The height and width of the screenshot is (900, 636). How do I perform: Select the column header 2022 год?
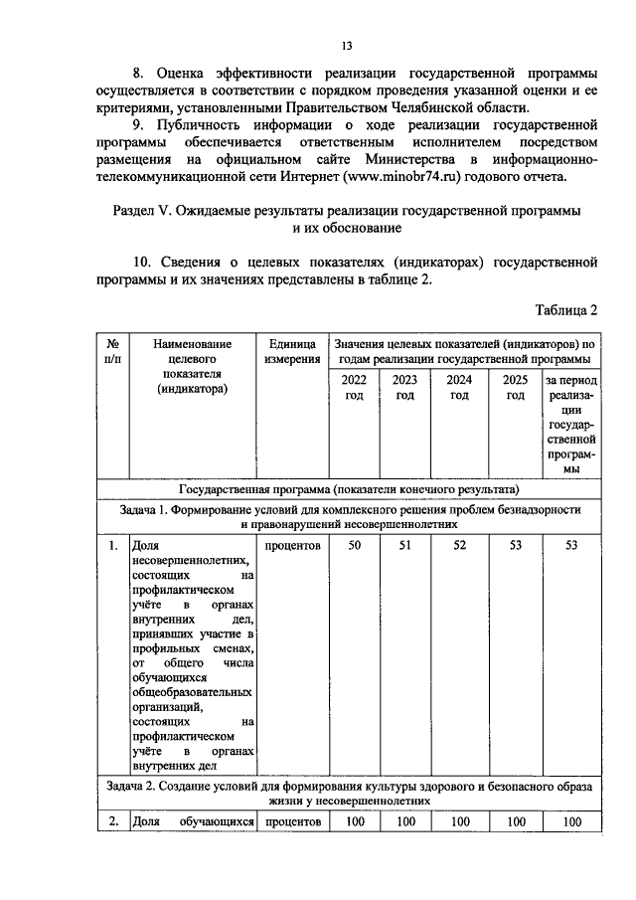point(353,388)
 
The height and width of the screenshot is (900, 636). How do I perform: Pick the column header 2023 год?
point(404,388)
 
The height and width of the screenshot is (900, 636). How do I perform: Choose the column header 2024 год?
point(459,388)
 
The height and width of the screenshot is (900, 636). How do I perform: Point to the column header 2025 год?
point(514,388)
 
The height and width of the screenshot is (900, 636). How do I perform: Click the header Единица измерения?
point(292,350)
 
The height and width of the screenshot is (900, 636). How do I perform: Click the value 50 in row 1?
point(353,545)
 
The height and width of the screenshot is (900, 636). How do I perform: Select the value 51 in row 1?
point(404,545)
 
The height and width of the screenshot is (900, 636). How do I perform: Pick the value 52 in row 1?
point(459,545)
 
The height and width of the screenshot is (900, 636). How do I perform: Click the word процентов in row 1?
point(292,545)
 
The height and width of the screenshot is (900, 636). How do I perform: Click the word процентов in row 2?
point(292,821)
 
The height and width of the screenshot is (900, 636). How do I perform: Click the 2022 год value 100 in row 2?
point(353,821)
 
